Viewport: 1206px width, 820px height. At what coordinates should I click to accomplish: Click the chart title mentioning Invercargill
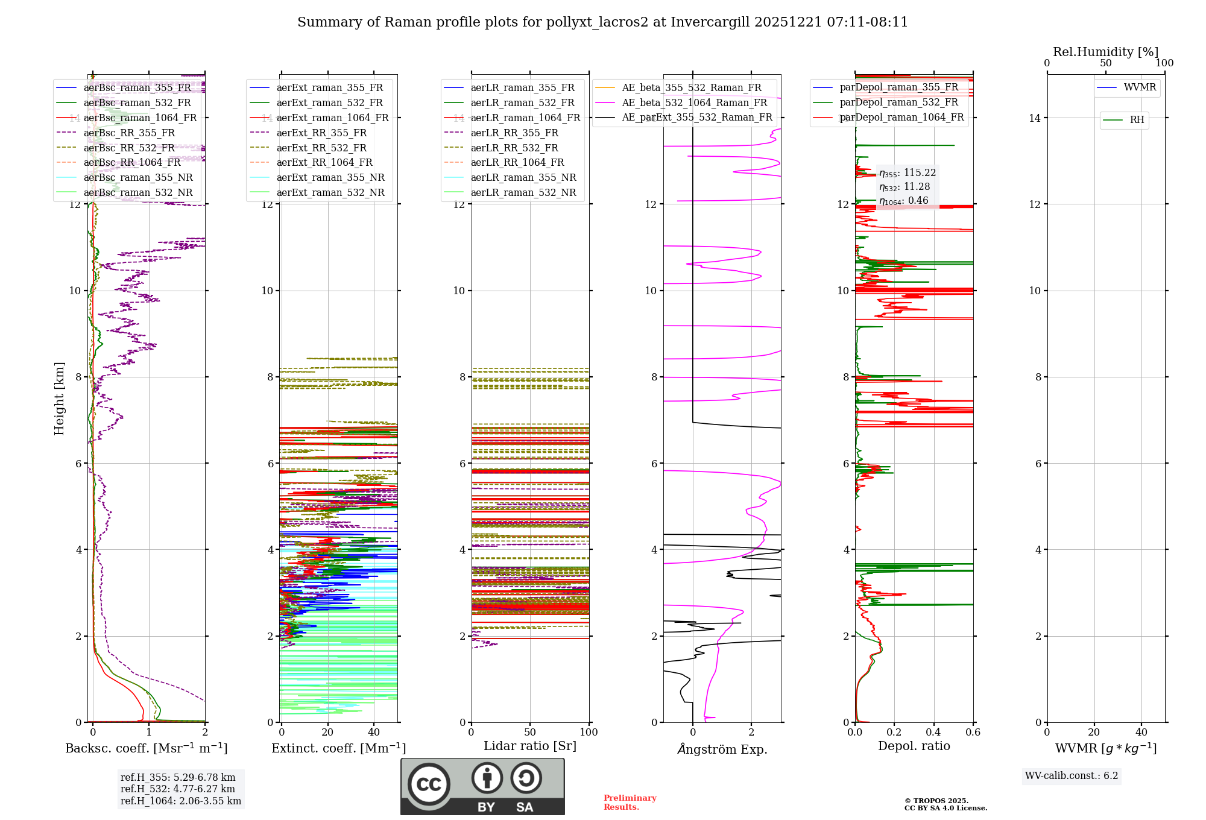coord(602,22)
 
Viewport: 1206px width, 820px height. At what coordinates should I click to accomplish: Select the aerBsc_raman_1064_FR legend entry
coord(140,118)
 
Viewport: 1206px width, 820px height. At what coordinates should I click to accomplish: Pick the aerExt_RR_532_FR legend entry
coord(321,148)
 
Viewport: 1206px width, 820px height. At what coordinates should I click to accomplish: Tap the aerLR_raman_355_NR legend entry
coord(523,177)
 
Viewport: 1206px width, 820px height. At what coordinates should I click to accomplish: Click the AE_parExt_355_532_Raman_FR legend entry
coord(696,117)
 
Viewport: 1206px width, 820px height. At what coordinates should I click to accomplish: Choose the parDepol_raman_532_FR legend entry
coord(898,102)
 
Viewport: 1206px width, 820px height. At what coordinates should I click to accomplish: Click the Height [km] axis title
coord(59,398)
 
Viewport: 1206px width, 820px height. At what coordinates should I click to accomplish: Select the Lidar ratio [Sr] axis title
coord(530,746)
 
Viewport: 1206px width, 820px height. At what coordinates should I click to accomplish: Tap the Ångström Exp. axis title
coord(722,749)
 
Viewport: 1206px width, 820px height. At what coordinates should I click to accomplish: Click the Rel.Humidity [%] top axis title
coord(1105,52)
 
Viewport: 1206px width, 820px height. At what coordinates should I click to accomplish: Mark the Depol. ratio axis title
coord(914,746)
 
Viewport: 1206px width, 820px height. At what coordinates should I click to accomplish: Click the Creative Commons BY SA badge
coord(482,786)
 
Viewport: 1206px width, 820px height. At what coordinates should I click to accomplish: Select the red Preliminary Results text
coord(630,802)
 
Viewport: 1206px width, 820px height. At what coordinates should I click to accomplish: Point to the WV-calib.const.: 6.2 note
coord(1072,775)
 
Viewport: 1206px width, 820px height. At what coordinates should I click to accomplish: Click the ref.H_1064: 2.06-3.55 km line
coord(181,801)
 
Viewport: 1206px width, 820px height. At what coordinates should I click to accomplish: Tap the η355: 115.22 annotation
coord(907,173)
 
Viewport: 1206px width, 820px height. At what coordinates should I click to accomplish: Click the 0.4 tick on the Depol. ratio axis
coord(933,733)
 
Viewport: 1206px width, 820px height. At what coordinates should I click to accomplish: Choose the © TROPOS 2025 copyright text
coord(936,801)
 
